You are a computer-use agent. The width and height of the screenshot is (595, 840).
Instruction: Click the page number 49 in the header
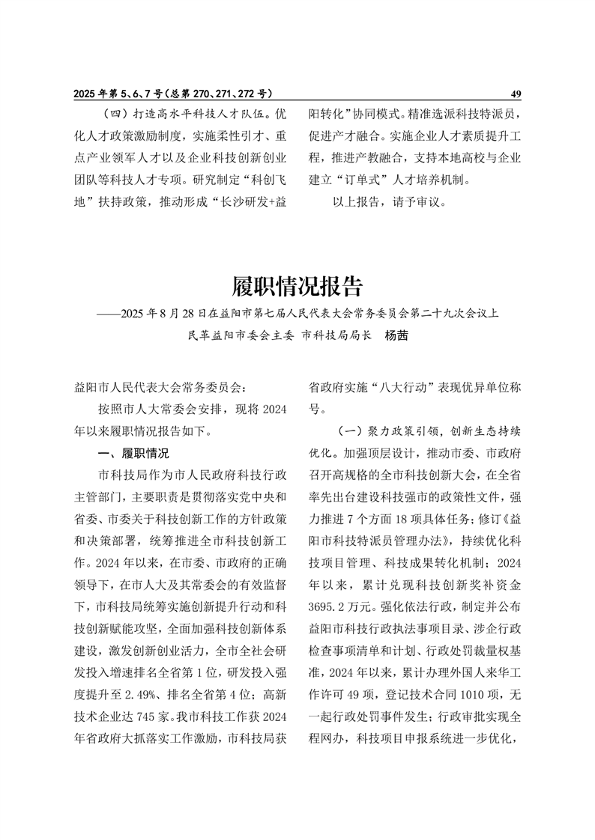515,94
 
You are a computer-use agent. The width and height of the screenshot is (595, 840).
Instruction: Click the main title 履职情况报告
297,286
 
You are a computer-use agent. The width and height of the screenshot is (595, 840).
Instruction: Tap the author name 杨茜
396,336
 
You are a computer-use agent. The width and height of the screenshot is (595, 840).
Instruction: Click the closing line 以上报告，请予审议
389,202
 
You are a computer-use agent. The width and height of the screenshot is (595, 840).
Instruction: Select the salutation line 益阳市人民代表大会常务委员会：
160,388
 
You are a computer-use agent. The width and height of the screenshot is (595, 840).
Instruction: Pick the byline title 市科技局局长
336,336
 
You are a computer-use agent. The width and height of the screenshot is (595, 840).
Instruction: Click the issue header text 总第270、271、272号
217,94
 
